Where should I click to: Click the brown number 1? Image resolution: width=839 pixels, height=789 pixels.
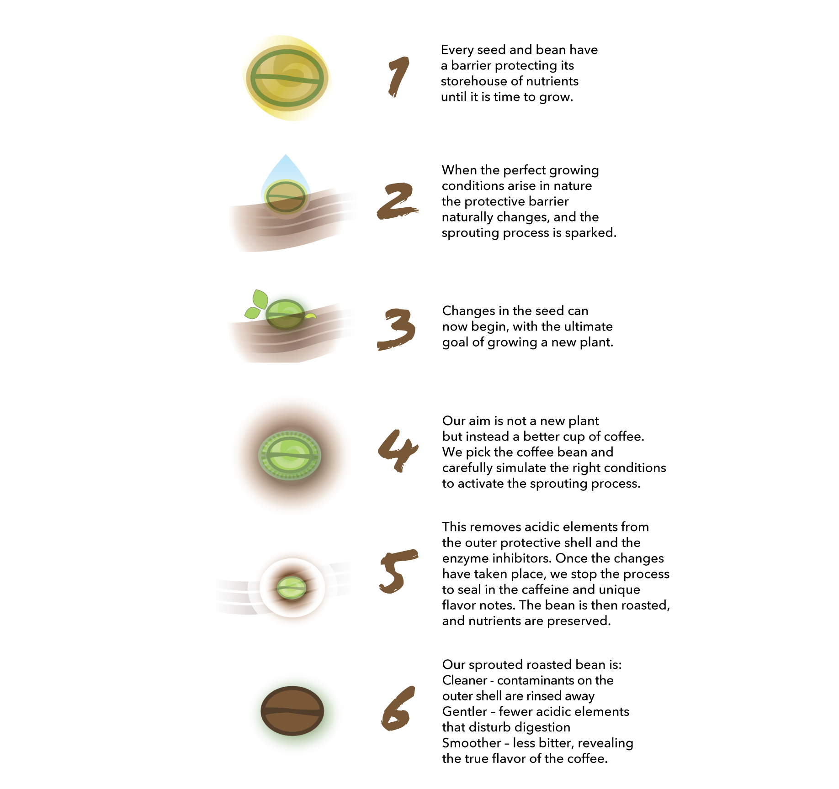[398, 76]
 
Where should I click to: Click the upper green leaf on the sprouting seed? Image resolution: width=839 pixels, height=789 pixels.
[260, 299]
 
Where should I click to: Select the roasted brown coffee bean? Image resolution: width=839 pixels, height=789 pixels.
[292, 710]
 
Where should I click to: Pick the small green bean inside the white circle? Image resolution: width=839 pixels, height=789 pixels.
[292, 588]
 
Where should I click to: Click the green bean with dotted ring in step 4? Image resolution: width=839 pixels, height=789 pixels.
[290, 455]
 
